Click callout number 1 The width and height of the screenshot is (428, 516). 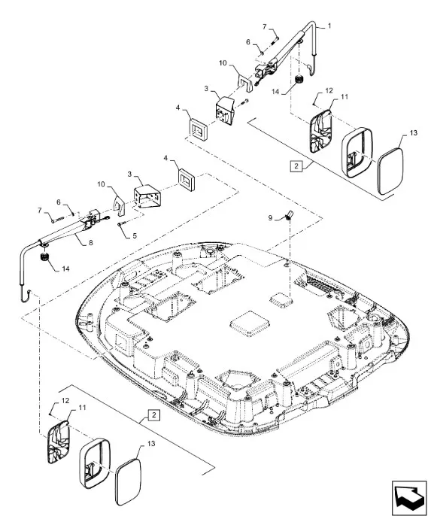pos(329,26)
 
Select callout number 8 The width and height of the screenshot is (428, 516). pos(91,242)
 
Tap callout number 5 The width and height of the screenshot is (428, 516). pos(135,235)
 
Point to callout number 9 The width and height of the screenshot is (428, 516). pos(271,218)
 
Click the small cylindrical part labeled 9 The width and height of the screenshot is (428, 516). pos(289,214)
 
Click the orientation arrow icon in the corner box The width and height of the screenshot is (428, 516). pos(409,496)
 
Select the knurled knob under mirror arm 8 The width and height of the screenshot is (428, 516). pos(44,256)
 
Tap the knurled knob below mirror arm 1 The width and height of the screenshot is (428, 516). pos(299,79)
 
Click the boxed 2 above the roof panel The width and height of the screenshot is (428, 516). pos(296,166)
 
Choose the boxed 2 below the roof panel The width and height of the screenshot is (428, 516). pos(154,415)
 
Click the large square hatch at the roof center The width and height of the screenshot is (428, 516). pos(250,323)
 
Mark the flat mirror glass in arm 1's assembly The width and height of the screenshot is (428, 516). pos(390,171)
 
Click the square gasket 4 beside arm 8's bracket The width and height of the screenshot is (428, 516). pos(187,179)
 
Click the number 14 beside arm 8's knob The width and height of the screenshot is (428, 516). pos(65,269)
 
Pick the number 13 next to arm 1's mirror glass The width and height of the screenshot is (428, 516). pos(414,132)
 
